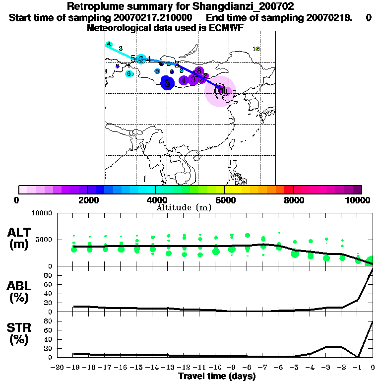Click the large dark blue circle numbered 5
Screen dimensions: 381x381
coord(168,83)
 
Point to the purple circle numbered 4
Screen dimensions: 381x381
coord(184,80)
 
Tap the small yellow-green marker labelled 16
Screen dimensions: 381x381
coord(256,49)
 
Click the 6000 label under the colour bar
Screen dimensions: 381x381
coord(225,200)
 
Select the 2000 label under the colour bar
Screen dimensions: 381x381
coord(87,200)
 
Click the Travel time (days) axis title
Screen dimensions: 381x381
coord(217,377)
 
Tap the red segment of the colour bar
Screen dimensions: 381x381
coord(288,190)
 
